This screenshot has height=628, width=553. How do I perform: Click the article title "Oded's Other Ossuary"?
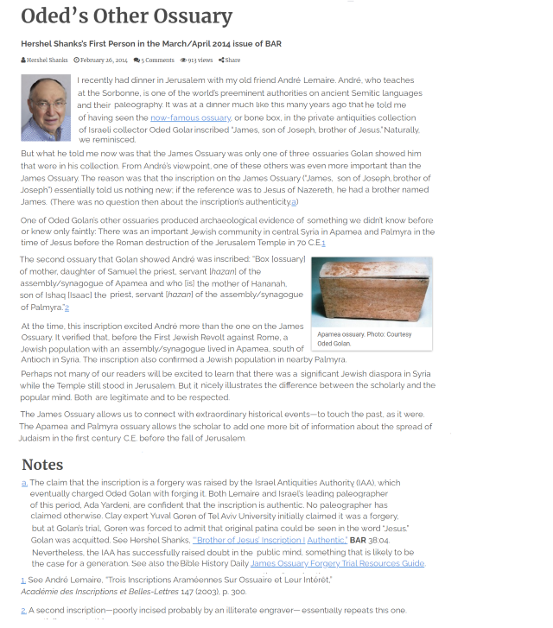coord(126,16)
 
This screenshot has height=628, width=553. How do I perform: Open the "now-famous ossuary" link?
coord(190,117)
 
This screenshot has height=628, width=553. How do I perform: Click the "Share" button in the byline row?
coord(230,60)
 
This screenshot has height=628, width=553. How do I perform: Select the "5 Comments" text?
coord(155,60)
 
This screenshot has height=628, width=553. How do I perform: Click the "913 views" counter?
coord(196,60)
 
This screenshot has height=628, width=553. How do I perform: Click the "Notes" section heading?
coord(42,465)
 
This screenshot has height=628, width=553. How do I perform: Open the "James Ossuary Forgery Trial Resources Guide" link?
coord(337,563)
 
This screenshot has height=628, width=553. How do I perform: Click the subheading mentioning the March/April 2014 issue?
coord(151,43)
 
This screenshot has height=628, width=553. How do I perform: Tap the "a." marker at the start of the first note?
coord(24,483)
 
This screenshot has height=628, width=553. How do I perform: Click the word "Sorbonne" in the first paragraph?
coord(100,92)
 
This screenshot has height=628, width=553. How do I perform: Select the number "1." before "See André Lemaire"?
coord(24,580)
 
